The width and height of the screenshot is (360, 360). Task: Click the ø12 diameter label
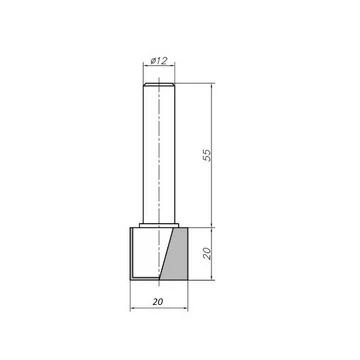click(158, 61)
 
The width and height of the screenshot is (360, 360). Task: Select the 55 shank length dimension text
click(207, 155)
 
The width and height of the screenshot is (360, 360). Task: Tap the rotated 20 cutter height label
click(207, 254)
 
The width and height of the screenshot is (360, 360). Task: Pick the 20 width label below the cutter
click(158, 302)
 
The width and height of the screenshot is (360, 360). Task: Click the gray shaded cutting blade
click(176, 254)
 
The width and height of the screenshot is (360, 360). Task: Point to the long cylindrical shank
click(159, 153)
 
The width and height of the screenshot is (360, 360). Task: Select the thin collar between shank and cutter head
click(159, 225)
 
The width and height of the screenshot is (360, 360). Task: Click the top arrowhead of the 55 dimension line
click(212, 85)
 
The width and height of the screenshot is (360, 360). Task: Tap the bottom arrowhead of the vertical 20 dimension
click(212, 277)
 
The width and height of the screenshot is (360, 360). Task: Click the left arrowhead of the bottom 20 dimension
click(132, 308)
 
